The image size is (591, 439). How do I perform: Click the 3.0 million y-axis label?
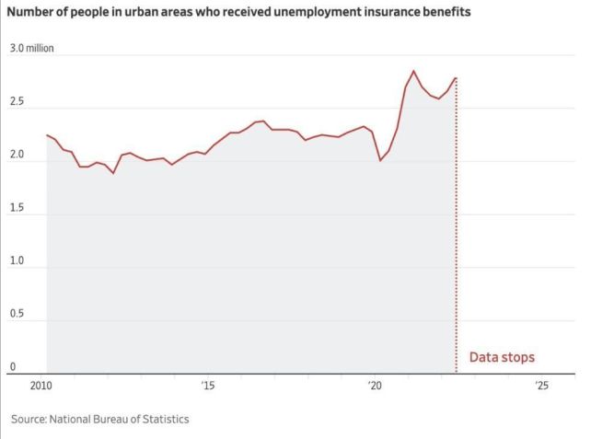click(x=31, y=48)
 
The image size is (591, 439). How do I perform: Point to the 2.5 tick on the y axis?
click(x=17, y=101)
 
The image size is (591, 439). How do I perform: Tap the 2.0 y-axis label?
click(x=17, y=155)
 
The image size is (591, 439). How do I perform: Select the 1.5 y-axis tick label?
click(x=17, y=208)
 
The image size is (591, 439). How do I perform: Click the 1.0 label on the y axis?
click(x=17, y=260)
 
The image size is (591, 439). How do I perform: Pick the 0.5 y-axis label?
click(x=17, y=314)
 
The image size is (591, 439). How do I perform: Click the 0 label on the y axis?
click(x=13, y=366)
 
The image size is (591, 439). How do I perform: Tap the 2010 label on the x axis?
click(x=41, y=386)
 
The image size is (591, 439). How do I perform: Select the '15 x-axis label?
click(x=208, y=386)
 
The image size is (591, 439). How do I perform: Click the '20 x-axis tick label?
click(x=375, y=386)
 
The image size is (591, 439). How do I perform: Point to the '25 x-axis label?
click(x=541, y=386)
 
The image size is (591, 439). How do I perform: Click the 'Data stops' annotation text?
click(x=502, y=357)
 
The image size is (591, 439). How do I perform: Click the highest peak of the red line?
click(x=413, y=71)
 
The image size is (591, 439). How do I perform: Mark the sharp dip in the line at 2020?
click(x=380, y=161)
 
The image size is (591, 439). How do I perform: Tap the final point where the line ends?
click(x=456, y=78)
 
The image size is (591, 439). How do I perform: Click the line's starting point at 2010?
click(x=47, y=135)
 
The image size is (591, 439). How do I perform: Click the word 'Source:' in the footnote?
click(x=29, y=420)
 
